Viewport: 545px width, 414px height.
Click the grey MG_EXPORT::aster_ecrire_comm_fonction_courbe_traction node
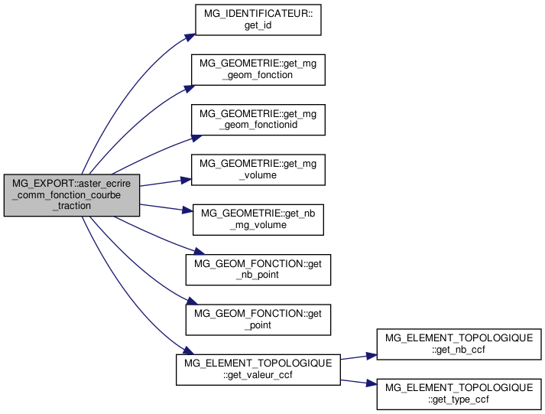[72, 194]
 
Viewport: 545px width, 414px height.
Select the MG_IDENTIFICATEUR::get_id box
[257, 19]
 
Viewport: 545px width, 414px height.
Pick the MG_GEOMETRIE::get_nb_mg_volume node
[258, 218]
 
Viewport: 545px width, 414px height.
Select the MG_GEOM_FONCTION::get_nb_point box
[258, 268]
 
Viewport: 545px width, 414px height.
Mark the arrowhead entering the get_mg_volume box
[186, 180]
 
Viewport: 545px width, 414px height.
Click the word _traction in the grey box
[72, 206]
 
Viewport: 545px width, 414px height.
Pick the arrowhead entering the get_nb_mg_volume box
[187, 209]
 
